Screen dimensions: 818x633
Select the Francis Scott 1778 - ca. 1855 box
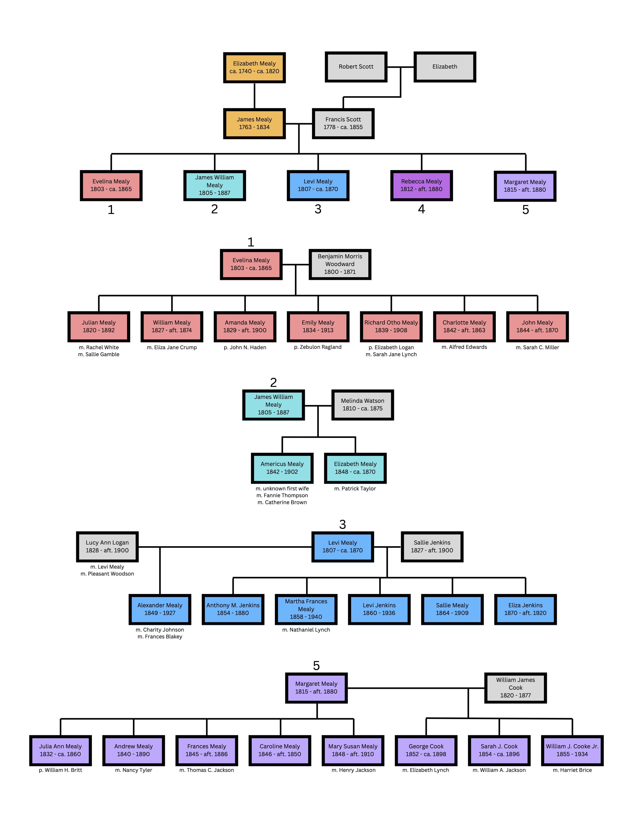pos(343,124)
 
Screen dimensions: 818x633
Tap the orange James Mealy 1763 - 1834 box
pos(254,124)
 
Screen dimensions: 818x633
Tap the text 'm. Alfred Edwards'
pos(464,347)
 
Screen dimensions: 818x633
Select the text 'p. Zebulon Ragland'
pos(318,347)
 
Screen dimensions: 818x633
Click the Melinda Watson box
pos(362,405)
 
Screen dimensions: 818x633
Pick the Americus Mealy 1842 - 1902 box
pos(282,468)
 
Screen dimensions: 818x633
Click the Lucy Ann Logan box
pos(107,546)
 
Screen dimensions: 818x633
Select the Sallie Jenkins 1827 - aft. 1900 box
pos(432,546)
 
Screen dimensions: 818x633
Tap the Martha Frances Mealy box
pos(306,609)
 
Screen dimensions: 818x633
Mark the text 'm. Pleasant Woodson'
pos(107,574)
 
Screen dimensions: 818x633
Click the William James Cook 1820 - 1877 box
pos(515,688)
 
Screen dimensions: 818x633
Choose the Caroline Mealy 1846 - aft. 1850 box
pos(280,750)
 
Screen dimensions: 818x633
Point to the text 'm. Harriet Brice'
pos(572,770)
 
